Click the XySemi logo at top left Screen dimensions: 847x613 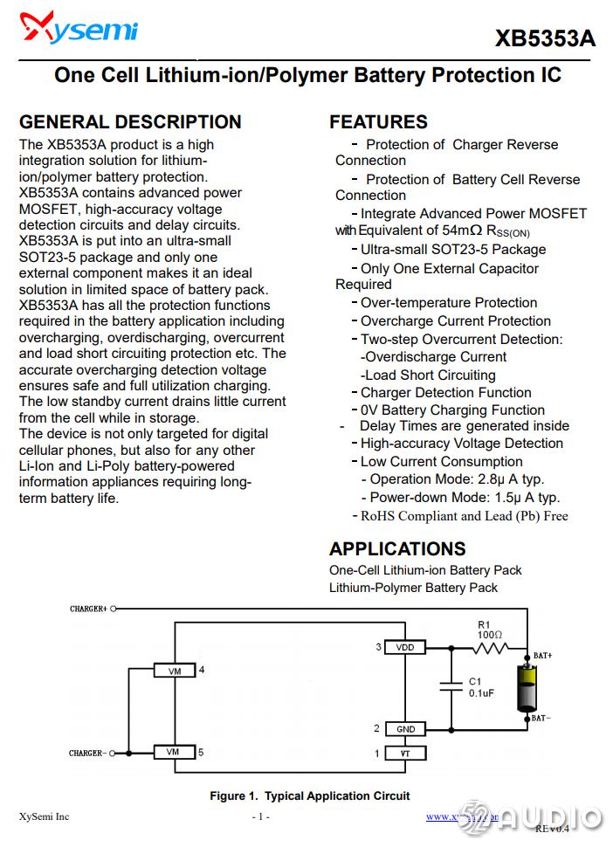click(79, 30)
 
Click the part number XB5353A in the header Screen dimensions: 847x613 click(545, 39)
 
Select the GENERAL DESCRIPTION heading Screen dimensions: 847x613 click(130, 122)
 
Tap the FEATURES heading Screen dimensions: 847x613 click(378, 122)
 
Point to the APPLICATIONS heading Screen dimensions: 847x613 click(397, 549)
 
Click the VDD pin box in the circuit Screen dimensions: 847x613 click(404, 648)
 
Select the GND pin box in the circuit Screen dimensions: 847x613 click(405, 729)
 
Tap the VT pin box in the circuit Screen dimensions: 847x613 click(405, 753)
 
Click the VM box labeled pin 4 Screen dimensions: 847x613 click(174, 671)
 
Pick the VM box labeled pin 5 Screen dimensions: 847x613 click(174, 752)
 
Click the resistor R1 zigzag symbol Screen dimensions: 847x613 click(491, 648)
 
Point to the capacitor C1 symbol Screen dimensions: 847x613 click(451, 687)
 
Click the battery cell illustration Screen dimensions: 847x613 click(527, 688)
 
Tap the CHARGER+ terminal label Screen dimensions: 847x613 click(88, 609)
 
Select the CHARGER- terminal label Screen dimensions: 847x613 click(87, 753)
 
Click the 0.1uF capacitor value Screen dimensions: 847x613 click(482, 693)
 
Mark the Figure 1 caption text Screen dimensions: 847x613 click(309, 795)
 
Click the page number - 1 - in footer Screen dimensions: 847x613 click(260, 817)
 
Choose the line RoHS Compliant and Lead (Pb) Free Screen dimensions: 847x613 click(464, 516)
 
